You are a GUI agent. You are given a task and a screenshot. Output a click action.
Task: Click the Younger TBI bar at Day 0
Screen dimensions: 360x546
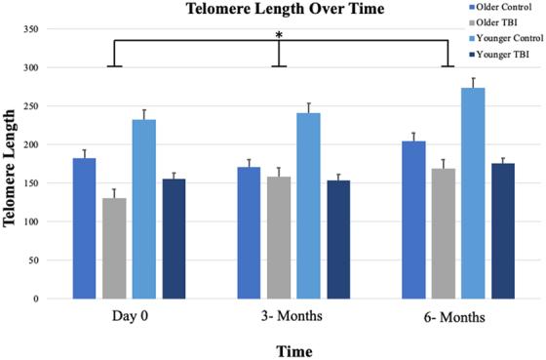pyautogui.click(x=174, y=239)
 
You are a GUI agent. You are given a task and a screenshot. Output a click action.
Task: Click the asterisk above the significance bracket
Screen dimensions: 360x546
pyautogui.click(x=280, y=36)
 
